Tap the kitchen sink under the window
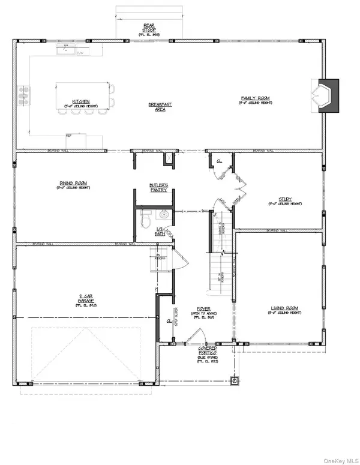[68, 52]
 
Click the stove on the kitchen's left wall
[25, 92]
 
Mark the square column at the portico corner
[234, 380]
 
